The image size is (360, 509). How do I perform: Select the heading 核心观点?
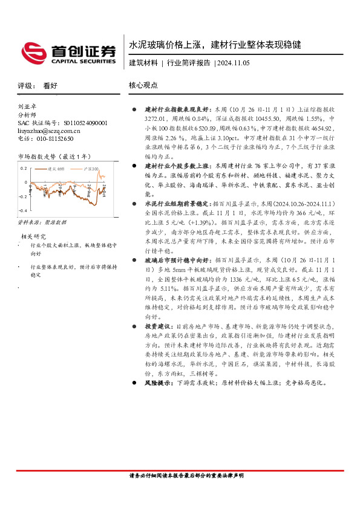pyautogui.click(x=143, y=86)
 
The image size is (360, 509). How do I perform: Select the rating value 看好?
pyautogui.click(x=50, y=86)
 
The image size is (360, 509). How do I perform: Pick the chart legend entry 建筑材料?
pyautogui.click(x=58, y=169)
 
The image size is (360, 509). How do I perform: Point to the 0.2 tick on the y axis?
pyautogui.click(x=24, y=169)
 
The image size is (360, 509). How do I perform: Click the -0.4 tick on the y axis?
pyautogui.click(x=23, y=210)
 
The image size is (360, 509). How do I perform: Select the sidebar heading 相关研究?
pyautogui.click(x=33, y=235)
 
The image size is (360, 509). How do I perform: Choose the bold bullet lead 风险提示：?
pyautogui.click(x=159, y=383)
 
